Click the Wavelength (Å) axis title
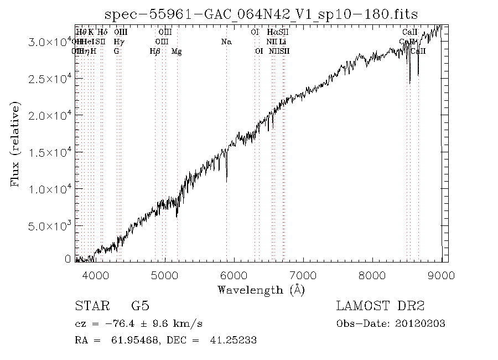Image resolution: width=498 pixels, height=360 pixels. point(261,289)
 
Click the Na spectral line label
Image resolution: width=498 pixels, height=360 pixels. point(226,42)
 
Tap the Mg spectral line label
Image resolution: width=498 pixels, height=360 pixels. point(177,51)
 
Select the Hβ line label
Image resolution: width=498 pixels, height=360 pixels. point(155,51)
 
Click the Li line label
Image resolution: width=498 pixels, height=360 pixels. point(282,42)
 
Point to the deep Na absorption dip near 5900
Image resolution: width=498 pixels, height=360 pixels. point(226,178)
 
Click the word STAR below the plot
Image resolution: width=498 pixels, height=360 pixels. point(88,306)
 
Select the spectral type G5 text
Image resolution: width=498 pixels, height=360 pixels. point(140,306)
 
